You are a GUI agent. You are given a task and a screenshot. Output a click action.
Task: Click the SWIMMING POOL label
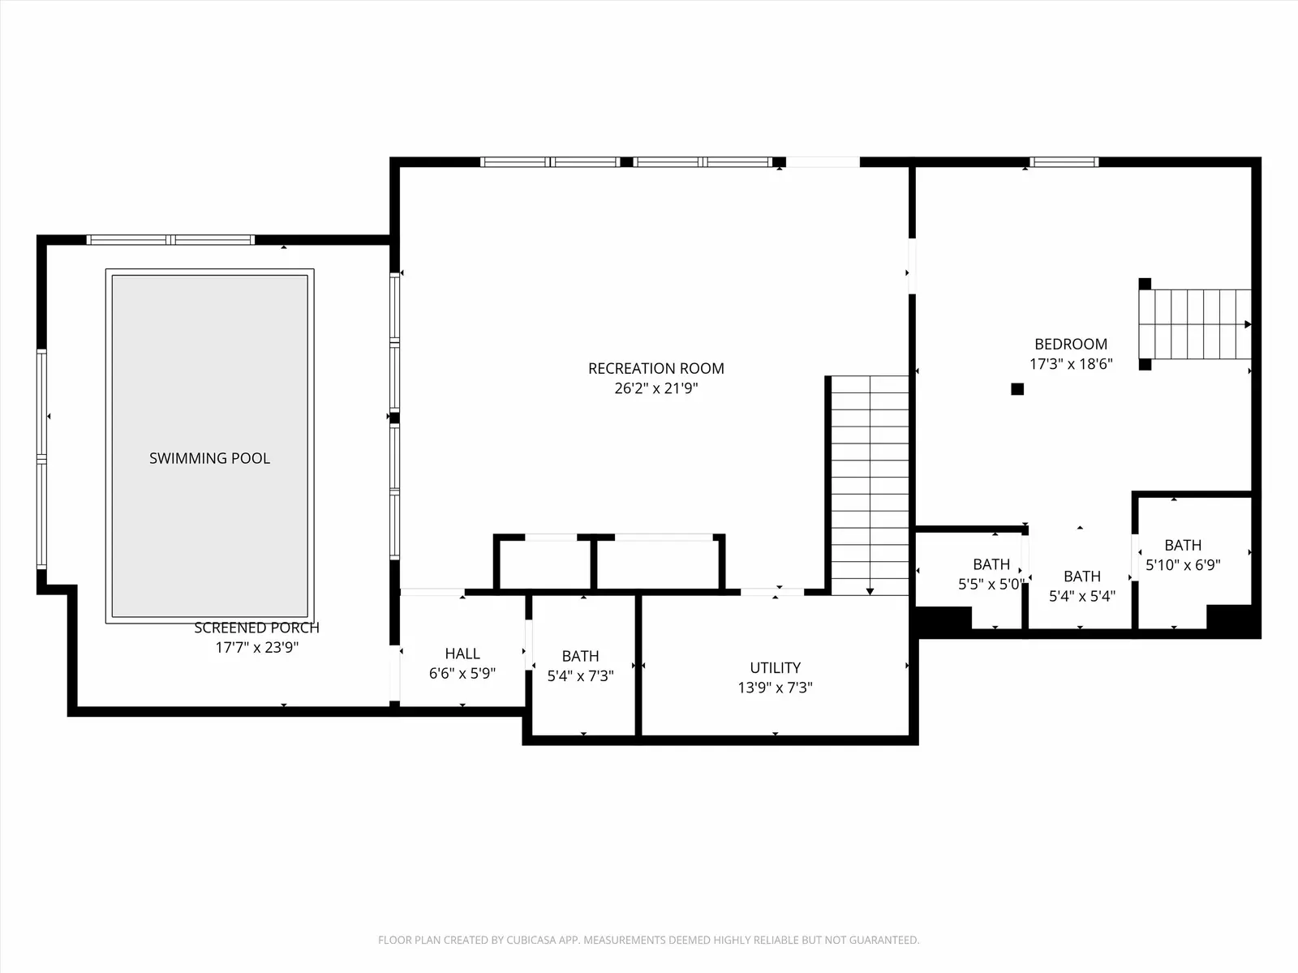click(x=209, y=458)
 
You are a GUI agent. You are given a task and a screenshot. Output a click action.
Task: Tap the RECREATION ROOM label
click(x=655, y=369)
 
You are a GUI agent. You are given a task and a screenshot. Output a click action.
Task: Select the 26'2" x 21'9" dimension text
click(x=655, y=388)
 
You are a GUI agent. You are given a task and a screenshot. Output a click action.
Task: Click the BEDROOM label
click(x=1071, y=344)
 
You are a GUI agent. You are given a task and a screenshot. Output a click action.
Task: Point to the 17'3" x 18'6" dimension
click(x=1071, y=364)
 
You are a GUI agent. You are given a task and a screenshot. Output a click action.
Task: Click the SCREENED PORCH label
click(x=256, y=628)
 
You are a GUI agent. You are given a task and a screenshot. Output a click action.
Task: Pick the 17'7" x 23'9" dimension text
click(x=256, y=648)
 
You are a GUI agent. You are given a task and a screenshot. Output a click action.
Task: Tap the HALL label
click(x=462, y=654)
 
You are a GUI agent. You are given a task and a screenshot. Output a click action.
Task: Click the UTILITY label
click(x=776, y=667)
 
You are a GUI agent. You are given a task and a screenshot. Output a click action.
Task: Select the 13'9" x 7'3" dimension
click(x=776, y=688)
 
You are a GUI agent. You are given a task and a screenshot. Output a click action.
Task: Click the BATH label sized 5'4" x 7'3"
click(x=580, y=656)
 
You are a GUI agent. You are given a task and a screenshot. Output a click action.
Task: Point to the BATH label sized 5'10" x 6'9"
click(x=1183, y=545)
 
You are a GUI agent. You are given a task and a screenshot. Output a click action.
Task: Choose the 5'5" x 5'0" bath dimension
click(x=991, y=585)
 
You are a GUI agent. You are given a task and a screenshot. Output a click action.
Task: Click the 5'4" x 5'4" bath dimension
click(x=1082, y=596)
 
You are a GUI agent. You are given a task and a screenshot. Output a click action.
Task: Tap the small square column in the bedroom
click(x=1017, y=388)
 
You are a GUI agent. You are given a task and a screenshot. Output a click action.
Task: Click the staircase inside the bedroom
click(x=1194, y=324)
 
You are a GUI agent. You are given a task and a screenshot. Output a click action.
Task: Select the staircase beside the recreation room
click(x=870, y=485)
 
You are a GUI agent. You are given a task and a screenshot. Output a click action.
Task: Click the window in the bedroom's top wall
click(x=1064, y=162)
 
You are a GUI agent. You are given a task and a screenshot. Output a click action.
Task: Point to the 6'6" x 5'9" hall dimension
click(x=462, y=674)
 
